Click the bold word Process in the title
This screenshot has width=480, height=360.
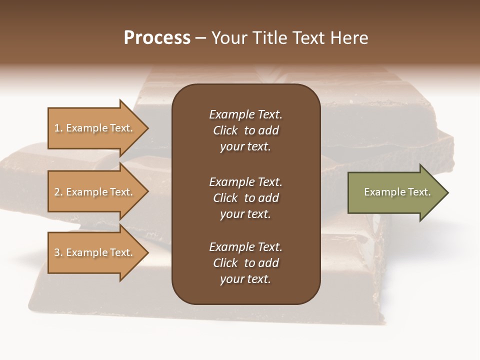(157, 38)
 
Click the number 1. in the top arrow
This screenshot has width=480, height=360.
(58, 128)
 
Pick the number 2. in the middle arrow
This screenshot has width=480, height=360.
(58, 192)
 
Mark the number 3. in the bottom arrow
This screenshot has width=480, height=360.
(58, 252)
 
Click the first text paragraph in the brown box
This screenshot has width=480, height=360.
(245, 130)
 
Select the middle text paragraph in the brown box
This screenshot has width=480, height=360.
(245, 198)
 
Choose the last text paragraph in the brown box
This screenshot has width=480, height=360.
(245, 263)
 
